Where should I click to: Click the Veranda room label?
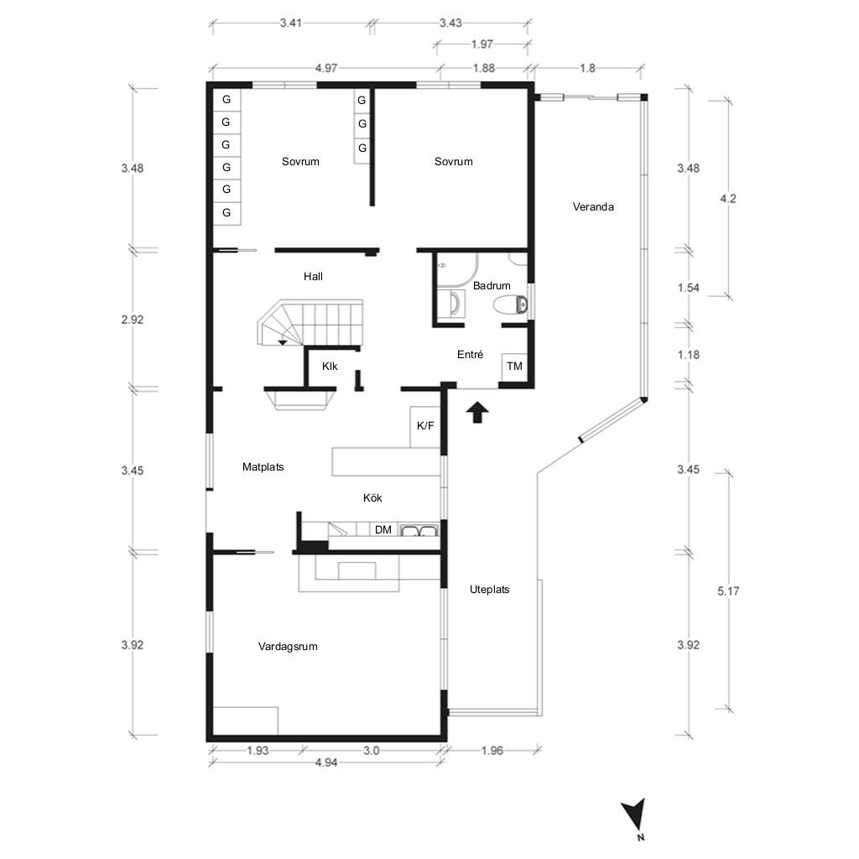[593, 207]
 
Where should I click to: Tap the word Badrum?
[492, 286]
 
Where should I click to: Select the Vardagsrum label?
[288, 647]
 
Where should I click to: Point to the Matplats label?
[263, 467]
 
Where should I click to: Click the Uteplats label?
[489, 590]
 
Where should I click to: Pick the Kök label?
[372, 498]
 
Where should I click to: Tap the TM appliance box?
[514, 367]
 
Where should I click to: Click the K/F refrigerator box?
[425, 427]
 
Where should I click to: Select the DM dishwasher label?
[383, 530]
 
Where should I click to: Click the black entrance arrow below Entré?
[477, 412]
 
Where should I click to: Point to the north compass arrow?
[636, 815]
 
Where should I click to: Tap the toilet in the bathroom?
[511, 305]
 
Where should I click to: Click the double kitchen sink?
[419, 530]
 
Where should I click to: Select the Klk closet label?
[330, 367]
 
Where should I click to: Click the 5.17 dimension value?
[728, 591]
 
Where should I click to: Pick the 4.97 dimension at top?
[326, 68]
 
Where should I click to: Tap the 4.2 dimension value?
[728, 199]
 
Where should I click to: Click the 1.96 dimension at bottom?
[492, 751]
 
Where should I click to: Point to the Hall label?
[313, 277]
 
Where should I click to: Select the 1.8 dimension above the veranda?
[587, 68]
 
